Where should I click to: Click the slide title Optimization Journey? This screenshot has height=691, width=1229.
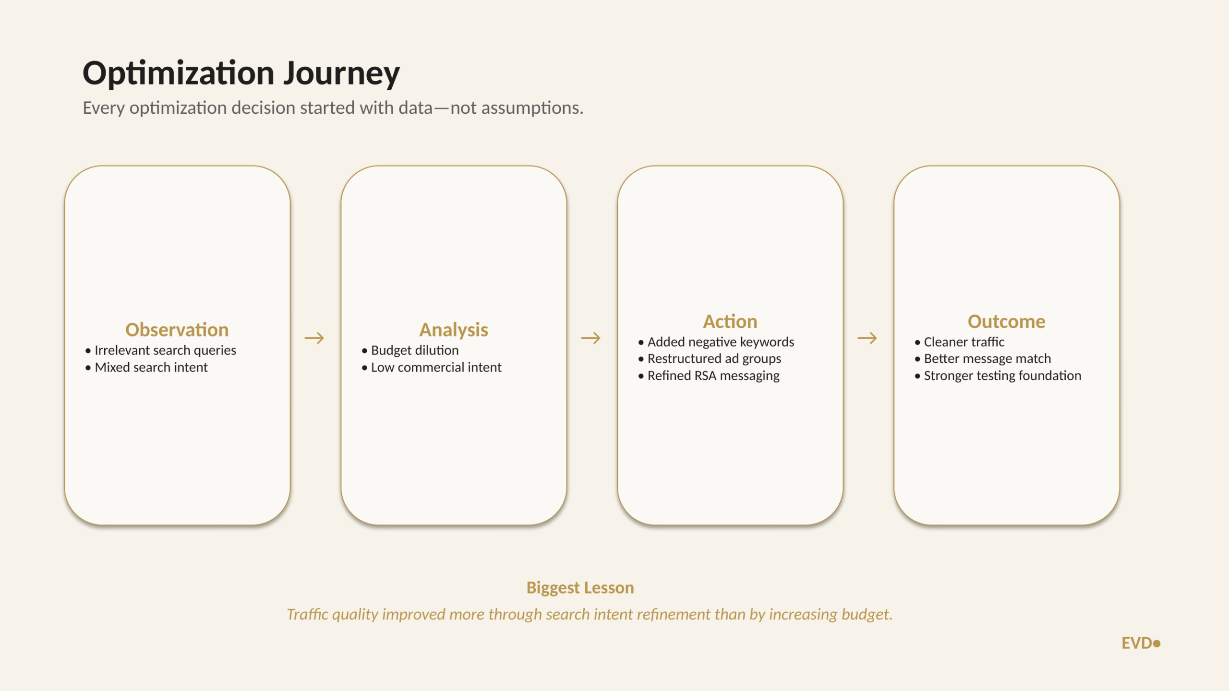[x=241, y=73]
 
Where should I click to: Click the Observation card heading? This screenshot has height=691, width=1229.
[x=177, y=330]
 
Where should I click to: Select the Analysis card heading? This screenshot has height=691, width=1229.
[x=454, y=330]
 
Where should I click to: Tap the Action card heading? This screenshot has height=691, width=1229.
[x=730, y=322]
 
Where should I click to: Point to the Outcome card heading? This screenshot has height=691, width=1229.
[x=1007, y=322]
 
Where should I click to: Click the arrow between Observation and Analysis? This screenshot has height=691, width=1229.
[x=314, y=338]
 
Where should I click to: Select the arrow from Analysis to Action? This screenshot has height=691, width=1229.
[x=591, y=338]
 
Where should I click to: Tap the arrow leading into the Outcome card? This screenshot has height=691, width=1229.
[x=868, y=338]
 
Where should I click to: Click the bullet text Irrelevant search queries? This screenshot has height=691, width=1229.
[x=165, y=351]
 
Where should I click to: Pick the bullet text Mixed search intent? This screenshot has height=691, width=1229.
[x=151, y=367]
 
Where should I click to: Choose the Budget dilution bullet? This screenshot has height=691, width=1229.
[x=415, y=351]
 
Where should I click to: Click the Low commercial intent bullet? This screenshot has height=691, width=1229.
[x=436, y=367]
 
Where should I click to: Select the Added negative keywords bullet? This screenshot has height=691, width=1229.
[x=721, y=342]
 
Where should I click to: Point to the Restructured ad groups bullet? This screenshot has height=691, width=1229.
[x=714, y=359]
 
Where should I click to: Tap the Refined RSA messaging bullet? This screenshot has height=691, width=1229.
[x=713, y=376]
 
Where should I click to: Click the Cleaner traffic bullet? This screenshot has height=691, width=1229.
[x=964, y=342]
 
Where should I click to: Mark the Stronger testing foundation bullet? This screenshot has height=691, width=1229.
[x=1002, y=376]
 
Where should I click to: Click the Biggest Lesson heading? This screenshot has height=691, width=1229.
[x=580, y=588]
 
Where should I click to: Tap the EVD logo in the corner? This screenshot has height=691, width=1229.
[x=1141, y=643]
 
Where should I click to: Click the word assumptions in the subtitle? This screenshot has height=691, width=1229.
[x=532, y=108]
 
